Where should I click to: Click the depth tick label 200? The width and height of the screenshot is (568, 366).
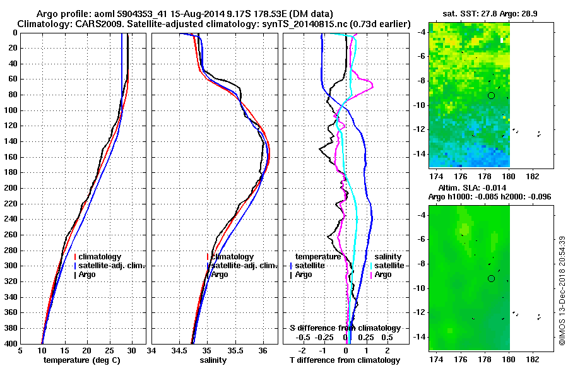coord(9,188)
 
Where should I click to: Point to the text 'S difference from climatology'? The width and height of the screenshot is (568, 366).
coord(345,328)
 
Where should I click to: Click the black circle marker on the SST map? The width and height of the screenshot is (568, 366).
coord(491,95)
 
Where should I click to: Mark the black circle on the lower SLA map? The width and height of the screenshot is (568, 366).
coord(491,278)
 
